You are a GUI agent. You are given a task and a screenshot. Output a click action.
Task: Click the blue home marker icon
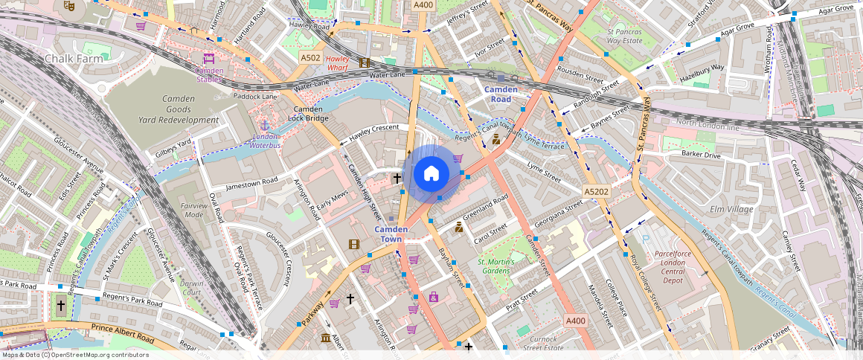[431, 174]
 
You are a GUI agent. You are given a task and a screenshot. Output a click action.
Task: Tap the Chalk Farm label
[72, 58]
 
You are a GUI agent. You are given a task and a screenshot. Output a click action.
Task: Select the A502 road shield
[310, 57]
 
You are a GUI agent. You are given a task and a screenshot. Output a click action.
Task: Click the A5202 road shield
[596, 192]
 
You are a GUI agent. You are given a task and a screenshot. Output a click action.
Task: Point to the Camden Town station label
[391, 234]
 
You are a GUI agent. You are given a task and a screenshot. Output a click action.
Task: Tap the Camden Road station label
[501, 94]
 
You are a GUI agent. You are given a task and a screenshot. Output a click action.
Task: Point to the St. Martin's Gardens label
[506, 266]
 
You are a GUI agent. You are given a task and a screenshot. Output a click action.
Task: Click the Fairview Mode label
[193, 210]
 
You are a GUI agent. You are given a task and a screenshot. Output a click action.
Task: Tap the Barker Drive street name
[701, 155]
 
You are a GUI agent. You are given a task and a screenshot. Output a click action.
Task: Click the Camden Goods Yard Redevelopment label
[179, 109]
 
